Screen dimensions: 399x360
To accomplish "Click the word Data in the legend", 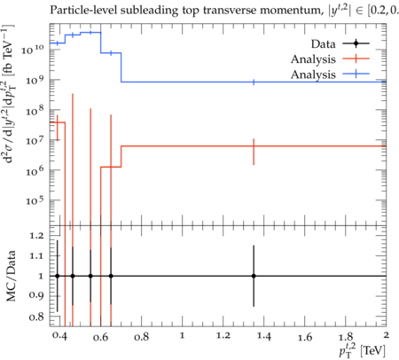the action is (x=323, y=44).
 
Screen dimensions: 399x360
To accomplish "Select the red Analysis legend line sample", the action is (x=356, y=59).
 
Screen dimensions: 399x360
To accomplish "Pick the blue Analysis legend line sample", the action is (x=356, y=74).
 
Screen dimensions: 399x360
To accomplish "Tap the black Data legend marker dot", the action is (x=356, y=43).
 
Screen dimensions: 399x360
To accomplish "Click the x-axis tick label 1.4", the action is (x=263, y=336).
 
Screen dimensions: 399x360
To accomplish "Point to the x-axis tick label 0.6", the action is (x=100, y=337).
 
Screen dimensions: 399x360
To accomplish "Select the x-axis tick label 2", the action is (x=386, y=335).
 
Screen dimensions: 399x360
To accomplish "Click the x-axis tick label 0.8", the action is (x=141, y=337).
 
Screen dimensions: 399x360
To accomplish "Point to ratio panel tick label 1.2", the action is (x=36, y=236).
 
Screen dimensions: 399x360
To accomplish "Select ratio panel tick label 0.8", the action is (x=36, y=317).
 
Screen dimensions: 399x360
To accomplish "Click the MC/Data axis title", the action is (x=12, y=276).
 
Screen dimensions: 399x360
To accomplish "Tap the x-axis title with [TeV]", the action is (x=362, y=350).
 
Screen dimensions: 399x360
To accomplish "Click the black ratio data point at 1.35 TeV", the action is (x=254, y=276).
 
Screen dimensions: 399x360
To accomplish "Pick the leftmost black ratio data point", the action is (x=58, y=276).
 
